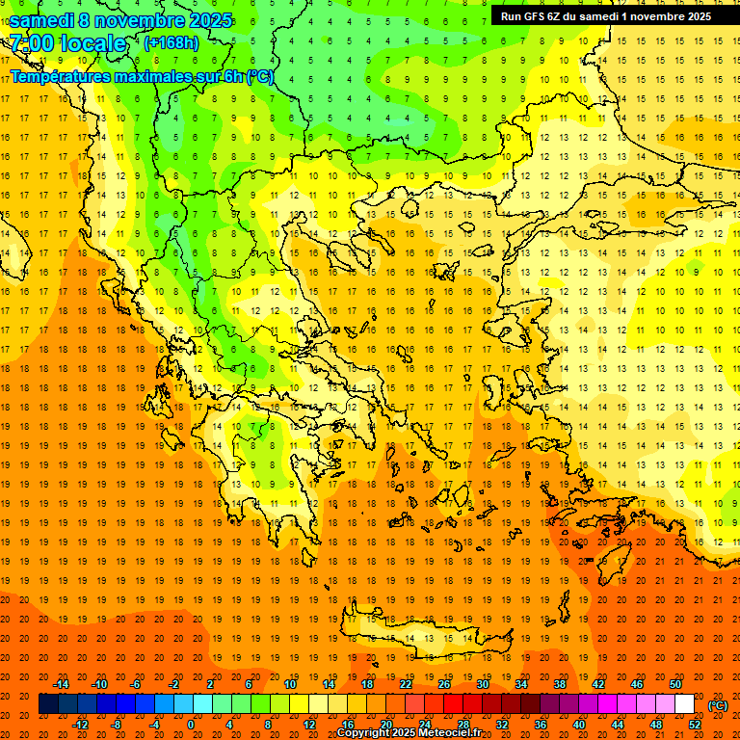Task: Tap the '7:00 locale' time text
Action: pyautogui.click(x=67, y=43)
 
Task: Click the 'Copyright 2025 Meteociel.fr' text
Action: pyautogui.click(x=409, y=733)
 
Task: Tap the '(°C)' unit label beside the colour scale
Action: pyautogui.click(x=718, y=705)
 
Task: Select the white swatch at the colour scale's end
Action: pyautogui.click(x=684, y=704)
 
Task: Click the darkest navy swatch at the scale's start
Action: pyautogui.click(x=48, y=704)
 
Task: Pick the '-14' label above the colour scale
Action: pyautogui.click(x=61, y=684)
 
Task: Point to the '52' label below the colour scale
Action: pyautogui.click(x=695, y=725)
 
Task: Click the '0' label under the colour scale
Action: pyautogui.click(x=191, y=725)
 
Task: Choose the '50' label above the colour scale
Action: pyautogui.click(x=675, y=684)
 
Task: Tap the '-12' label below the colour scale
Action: pyautogui.click(x=80, y=725)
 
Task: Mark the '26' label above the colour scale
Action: pyautogui.click(x=444, y=684)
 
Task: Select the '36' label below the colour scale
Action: pyautogui.click(x=541, y=725)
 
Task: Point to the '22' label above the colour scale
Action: pyautogui.click(x=406, y=684)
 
